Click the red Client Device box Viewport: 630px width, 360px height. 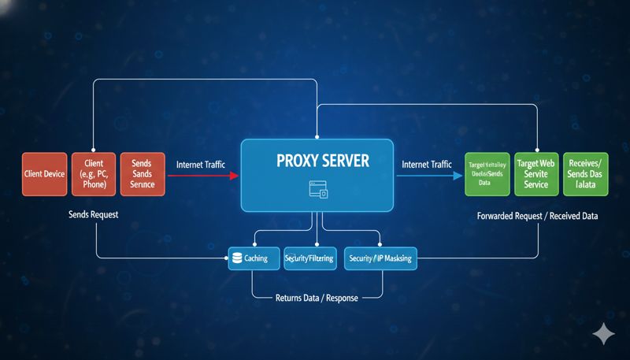(44, 175)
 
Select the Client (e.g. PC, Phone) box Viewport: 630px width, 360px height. (94, 175)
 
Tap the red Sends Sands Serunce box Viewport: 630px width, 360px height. (143, 175)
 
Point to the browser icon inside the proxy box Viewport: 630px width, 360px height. (317, 188)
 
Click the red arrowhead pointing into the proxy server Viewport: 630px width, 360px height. (234, 176)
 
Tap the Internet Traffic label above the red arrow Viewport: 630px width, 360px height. (201, 165)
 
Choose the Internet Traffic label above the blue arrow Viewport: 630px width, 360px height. (427, 165)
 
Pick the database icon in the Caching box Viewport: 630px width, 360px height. (237, 258)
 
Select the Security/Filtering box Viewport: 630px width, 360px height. (309, 258)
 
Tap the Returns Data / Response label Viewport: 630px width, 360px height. (316, 298)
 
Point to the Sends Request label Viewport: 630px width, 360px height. (94, 214)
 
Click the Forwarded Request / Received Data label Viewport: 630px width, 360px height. (537, 214)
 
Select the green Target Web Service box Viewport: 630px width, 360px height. (536, 174)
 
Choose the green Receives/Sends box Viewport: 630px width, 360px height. (584, 174)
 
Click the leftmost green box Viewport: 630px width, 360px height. (487, 174)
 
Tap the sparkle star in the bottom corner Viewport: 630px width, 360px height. (604, 334)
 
